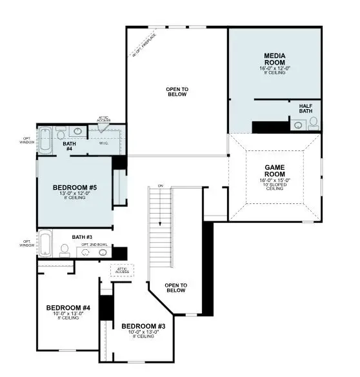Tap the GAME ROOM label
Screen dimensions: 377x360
[x=275, y=170]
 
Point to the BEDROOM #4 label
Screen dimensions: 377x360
[x=68, y=307]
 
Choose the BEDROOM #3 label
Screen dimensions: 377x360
[x=143, y=326]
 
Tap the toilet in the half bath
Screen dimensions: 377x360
[x=314, y=123]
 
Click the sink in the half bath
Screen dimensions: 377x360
[x=297, y=125]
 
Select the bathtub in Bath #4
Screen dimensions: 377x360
[x=46, y=141]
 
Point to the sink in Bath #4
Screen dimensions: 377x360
[x=77, y=131]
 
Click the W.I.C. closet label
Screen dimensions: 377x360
[x=104, y=143]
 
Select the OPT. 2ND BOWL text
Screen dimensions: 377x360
[x=94, y=245]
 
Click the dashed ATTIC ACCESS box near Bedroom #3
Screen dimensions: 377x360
[x=121, y=270]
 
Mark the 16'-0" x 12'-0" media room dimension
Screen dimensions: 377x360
[x=275, y=67]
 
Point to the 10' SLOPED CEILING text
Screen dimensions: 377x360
[x=275, y=186]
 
